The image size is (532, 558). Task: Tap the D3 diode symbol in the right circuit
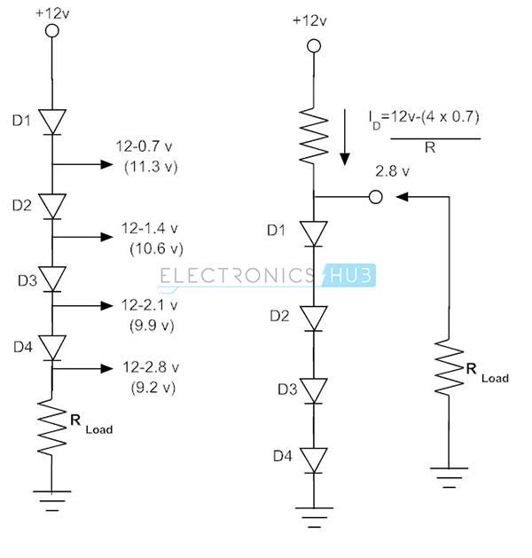(x=310, y=389)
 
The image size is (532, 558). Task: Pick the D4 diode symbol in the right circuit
(x=310, y=460)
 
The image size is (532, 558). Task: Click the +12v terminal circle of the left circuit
(x=52, y=31)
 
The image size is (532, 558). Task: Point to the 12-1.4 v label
(x=146, y=228)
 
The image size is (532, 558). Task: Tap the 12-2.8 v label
(x=146, y=367)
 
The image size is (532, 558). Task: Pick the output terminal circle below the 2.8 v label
(x=375, y=196)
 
